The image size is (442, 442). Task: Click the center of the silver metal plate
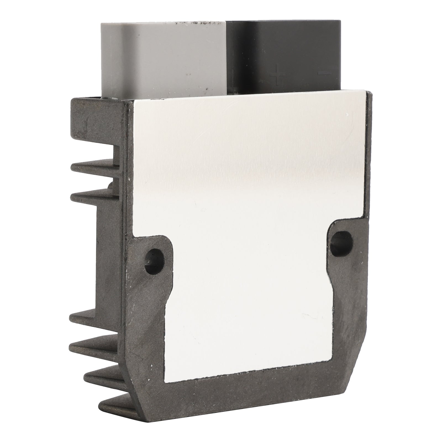coord(243,221)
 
